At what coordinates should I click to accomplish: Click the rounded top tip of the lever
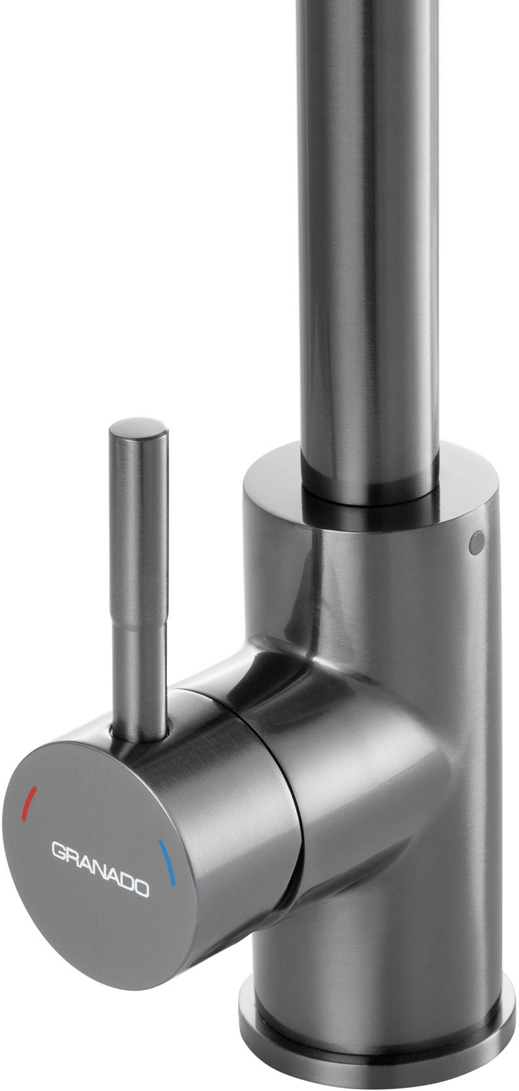(138, 426)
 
